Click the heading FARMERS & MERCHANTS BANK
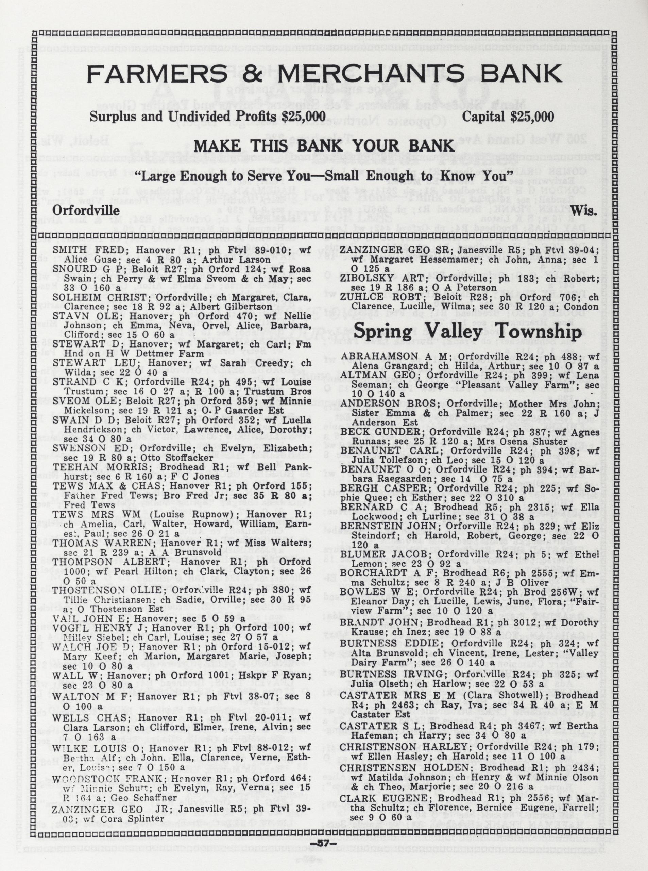tap(324, 74)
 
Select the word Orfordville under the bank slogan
tap(86, 211)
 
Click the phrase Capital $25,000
tap(508, 117)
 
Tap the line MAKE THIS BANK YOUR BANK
tap(324, 146)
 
